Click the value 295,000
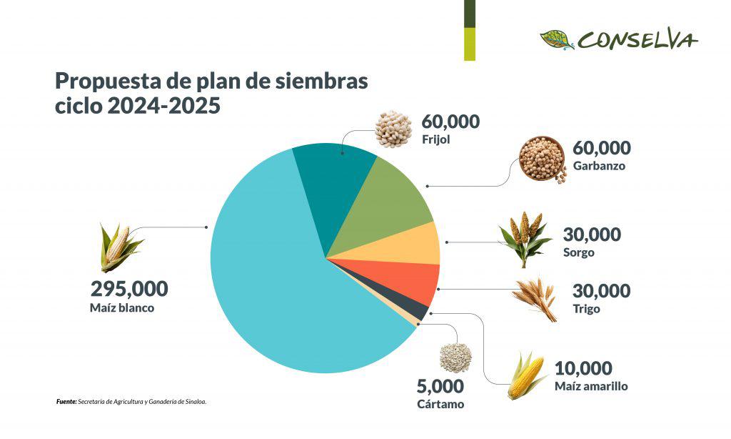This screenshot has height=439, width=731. (129, 290)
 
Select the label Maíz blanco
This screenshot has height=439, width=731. (122, 308)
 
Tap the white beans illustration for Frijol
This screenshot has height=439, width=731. (393, 129)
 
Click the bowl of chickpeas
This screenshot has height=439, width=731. (541, 158)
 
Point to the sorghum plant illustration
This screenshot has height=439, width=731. (525, 237)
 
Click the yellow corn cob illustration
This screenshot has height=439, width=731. (528, 375)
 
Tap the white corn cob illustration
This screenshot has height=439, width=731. (118, 247)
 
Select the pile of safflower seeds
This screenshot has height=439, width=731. (455, 357)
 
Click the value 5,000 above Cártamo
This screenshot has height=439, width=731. (440, 387)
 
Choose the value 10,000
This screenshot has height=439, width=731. (583, 369)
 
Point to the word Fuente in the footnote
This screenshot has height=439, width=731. (66, 402)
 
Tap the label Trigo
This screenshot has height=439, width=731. (586, 310)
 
